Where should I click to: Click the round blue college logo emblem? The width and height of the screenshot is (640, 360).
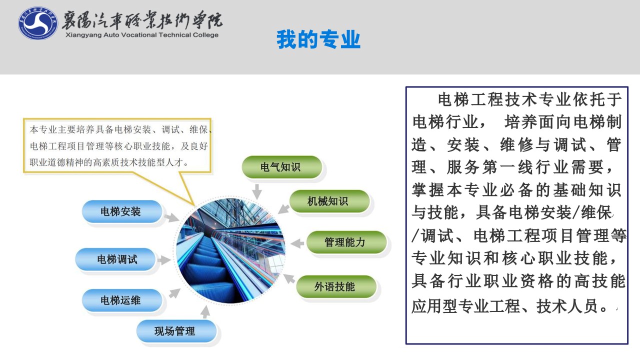tap(38, 23)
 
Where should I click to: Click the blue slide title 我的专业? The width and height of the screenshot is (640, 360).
tap(318, 39)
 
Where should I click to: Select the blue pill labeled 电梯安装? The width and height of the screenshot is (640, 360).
tap(122, 211)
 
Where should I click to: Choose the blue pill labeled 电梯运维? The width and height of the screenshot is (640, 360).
tap(122, 300)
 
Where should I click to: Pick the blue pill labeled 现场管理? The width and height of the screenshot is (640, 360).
tap(176, 331)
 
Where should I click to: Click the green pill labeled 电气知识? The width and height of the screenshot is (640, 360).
tap(281, 167)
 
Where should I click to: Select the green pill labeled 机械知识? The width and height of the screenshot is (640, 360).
tap(329, 201)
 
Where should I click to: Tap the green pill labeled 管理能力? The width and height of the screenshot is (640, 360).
tap(346, 242)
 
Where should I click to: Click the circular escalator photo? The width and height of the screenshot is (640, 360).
tap(230, 251)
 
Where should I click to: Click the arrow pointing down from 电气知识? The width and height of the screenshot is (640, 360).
tap(257, 191)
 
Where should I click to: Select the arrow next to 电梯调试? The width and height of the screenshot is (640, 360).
tap(164, 260)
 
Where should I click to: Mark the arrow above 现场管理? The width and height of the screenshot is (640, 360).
tap(205, 311)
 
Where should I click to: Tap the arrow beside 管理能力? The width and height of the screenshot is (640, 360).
tap(297, 243)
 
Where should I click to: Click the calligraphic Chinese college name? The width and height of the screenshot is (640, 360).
tap(142, 20)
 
